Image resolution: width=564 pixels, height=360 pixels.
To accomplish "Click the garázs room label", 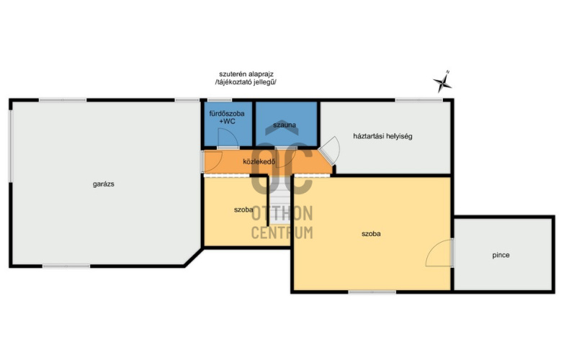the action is pos(104,184).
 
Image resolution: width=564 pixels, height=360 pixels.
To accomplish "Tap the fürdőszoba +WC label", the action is pos(227,117).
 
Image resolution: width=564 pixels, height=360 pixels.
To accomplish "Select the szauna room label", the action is pos(285,125).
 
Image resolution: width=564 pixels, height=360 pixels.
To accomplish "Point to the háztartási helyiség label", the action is pos(382,136).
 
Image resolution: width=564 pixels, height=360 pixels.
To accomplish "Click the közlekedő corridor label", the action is pos(259,161).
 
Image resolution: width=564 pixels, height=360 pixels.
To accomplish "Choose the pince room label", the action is pos(501,255).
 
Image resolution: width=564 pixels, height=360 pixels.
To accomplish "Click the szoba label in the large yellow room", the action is pos(371,233).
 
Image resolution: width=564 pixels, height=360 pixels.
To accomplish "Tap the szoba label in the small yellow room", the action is pos(243,210).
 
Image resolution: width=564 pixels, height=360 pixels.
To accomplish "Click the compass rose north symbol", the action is pos(442,81).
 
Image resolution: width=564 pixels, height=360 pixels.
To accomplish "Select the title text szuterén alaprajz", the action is pos(246,74).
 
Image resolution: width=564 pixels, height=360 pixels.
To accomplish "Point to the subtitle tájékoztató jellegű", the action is pos(246,82).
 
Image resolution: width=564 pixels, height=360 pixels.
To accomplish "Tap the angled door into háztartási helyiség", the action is pos(330,148).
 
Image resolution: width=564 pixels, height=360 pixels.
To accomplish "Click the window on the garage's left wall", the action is pos(11,145).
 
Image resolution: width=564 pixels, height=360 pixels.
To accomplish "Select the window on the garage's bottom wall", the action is pos(66,266).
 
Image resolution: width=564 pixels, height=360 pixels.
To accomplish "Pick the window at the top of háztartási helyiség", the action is pos(419,100).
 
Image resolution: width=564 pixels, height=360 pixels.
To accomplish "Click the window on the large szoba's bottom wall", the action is pos(372,292).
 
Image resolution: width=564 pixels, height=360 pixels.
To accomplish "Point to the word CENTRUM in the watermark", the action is pos(282,233).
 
